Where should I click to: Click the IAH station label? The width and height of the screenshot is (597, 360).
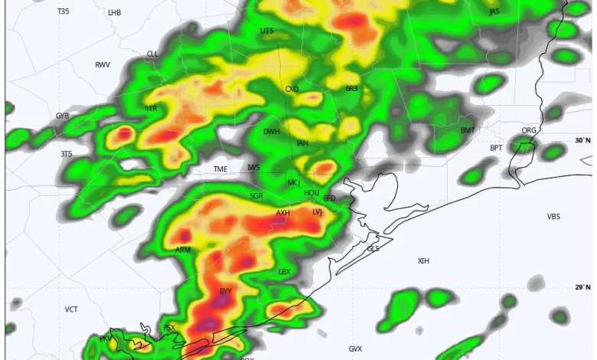[302, 143]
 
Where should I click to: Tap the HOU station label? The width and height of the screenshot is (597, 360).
[312, 193]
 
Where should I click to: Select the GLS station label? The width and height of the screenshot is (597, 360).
[373, 248]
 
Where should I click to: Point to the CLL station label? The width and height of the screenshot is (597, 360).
[152, 54]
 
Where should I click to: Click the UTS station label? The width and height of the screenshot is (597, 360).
[266, 31]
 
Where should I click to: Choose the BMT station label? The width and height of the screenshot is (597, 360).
[468, 130]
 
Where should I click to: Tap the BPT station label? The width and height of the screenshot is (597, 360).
[497, 148]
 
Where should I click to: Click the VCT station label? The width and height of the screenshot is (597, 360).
[71, 309]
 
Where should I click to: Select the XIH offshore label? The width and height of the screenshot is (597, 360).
[423, 261]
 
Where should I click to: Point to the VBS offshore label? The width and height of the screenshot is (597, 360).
[553, 217]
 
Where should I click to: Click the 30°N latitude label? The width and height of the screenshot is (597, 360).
[583, 140]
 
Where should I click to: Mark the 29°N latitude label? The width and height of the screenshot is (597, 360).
[583, 287]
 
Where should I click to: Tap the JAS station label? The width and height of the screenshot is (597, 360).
[494, 11]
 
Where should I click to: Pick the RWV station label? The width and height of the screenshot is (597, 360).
[103, 65]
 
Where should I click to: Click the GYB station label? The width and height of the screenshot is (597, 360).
[63, 116]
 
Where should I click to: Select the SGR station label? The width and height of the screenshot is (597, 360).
[256, 196]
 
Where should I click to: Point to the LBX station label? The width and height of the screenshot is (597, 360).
[284, 271]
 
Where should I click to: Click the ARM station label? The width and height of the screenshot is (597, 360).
[183, 250]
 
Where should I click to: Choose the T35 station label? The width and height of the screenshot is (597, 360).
[63, 11]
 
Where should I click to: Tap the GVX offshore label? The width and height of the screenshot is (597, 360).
[355, 349]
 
